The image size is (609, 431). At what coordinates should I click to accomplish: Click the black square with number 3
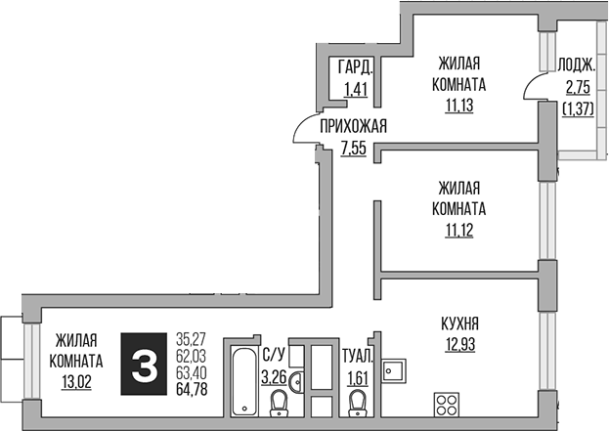(x=145, y=365)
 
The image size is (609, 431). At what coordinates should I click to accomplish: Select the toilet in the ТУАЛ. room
(x=359, y=400)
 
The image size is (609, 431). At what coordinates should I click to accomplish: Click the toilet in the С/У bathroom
(x=279, y=401)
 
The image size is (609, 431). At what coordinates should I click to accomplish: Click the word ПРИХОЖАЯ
(x=354, y=125)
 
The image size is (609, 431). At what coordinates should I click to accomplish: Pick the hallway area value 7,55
(x=354, y=148)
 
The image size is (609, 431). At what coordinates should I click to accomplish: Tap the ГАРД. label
(x=355, y=67)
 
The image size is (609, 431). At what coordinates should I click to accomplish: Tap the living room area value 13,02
(x=76, y=382)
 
